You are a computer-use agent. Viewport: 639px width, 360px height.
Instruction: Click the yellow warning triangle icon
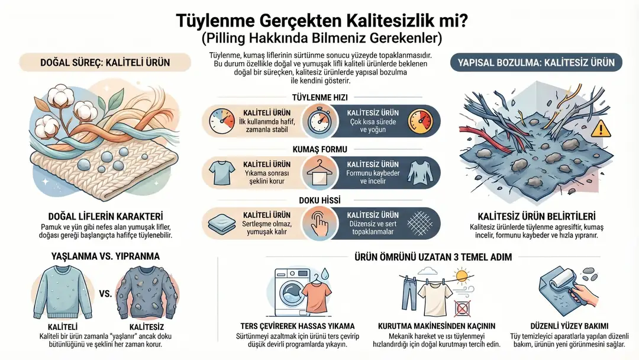[601, 128]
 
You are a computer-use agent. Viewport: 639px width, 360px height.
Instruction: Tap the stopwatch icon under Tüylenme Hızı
[319, 121]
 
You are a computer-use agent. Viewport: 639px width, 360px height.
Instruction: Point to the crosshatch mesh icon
[420, 223]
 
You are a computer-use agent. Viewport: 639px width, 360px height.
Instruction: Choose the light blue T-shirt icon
[222, 172]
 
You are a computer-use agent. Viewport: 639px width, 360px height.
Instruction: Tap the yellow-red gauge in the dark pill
[420, 121]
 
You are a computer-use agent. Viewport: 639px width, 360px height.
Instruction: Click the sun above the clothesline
[462, 275]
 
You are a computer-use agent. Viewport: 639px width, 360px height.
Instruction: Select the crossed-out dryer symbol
[462, 308]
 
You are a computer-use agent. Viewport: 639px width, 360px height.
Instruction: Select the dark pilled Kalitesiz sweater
[147, 292]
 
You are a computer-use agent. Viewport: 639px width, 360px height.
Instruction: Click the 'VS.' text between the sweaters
[105, 294]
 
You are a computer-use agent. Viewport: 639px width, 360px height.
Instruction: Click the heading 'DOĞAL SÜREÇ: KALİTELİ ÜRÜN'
[105, 62]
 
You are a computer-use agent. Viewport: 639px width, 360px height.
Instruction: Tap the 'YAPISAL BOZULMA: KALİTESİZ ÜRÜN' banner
[536, 62]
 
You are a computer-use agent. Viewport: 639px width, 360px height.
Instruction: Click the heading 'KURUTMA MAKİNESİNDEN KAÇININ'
[437, 326]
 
